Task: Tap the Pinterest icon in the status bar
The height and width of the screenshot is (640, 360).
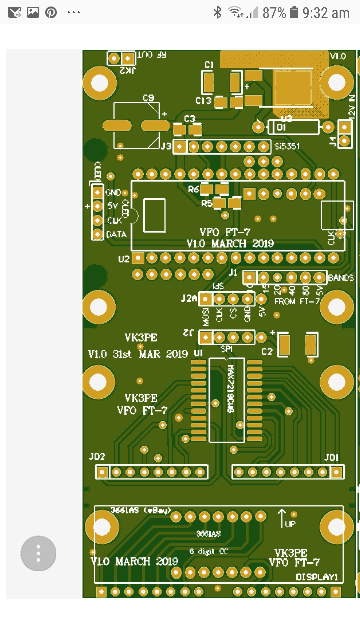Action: tap(51, 13)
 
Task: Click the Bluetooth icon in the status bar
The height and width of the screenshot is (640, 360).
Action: tap(217, 13)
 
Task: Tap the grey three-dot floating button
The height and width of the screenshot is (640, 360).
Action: tap(38, 553)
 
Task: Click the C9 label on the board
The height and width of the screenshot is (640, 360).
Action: tap(148, 98)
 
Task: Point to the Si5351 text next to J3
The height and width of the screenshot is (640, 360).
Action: tap(287, 146)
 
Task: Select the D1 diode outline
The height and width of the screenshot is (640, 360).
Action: tap(294, 127)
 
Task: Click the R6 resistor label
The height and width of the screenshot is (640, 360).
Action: tap(193, 189)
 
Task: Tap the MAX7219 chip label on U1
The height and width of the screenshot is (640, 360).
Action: tap(230, 389)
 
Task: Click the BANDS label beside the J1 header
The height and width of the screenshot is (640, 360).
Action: tap(341, 278)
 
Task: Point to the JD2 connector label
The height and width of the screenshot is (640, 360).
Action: tap(97, 457)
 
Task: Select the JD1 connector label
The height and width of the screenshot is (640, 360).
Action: tap(331, 457)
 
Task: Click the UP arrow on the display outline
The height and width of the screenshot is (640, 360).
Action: tap(282, 518)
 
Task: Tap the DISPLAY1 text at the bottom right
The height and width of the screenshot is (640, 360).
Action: tap(317, 577)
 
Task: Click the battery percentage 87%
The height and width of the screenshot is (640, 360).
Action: tap(274, 13)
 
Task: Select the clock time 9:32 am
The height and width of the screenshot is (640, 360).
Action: tap(326, 13)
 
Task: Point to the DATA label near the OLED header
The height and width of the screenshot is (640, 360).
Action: tap(116, 235)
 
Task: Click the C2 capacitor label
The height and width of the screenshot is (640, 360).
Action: tap(267, 352)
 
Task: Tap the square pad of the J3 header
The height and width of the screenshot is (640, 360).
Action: tap(180, 147)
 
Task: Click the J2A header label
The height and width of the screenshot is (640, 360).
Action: tap(189, 298)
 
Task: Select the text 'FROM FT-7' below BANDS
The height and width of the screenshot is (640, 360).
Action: tap(297, 302)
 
